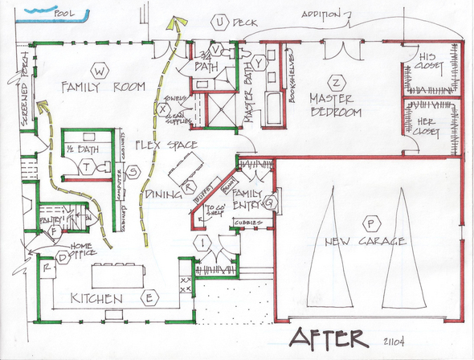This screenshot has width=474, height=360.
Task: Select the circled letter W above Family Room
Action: point(99,69)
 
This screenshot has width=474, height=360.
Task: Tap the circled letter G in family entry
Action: point(269,203)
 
